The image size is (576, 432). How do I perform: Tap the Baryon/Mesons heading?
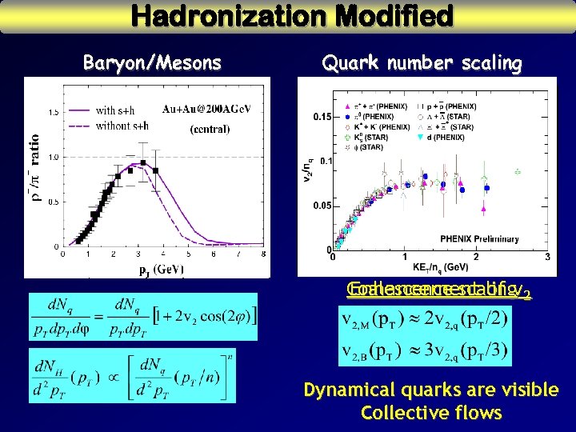click(x=152, y=63)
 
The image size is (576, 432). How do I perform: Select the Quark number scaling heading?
click(x=422, y=63)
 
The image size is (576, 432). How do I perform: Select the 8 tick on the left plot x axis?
click(x=263, y=255)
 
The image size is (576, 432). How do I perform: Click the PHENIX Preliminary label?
click(x=481, y=238)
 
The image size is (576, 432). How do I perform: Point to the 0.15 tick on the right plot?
click(x=321, y=117)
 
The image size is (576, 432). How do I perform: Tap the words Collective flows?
click(x=431, y=413)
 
